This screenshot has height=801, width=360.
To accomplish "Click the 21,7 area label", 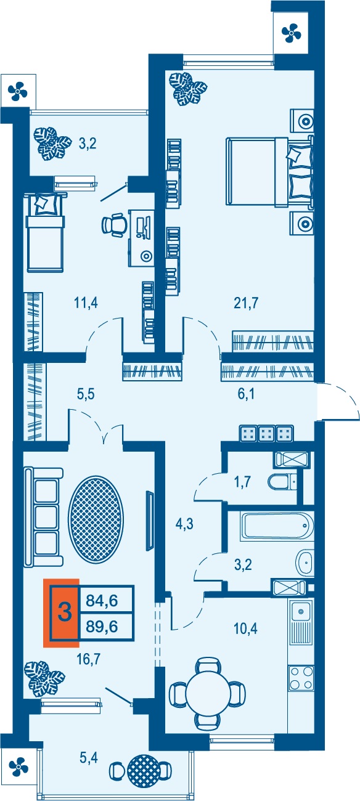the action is coord(246,303).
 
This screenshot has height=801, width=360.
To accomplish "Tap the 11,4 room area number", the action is coord(86,303).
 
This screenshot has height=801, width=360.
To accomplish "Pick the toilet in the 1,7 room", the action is coord(282,482).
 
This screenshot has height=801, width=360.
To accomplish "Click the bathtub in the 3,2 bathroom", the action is coord(277,526).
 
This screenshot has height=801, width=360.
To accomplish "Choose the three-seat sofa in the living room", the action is coord(44,517).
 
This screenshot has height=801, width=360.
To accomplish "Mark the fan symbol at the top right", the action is coord(292,33).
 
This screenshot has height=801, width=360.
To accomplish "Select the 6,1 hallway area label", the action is coord(246,394).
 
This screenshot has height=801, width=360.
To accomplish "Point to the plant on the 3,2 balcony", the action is coord(52,144).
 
